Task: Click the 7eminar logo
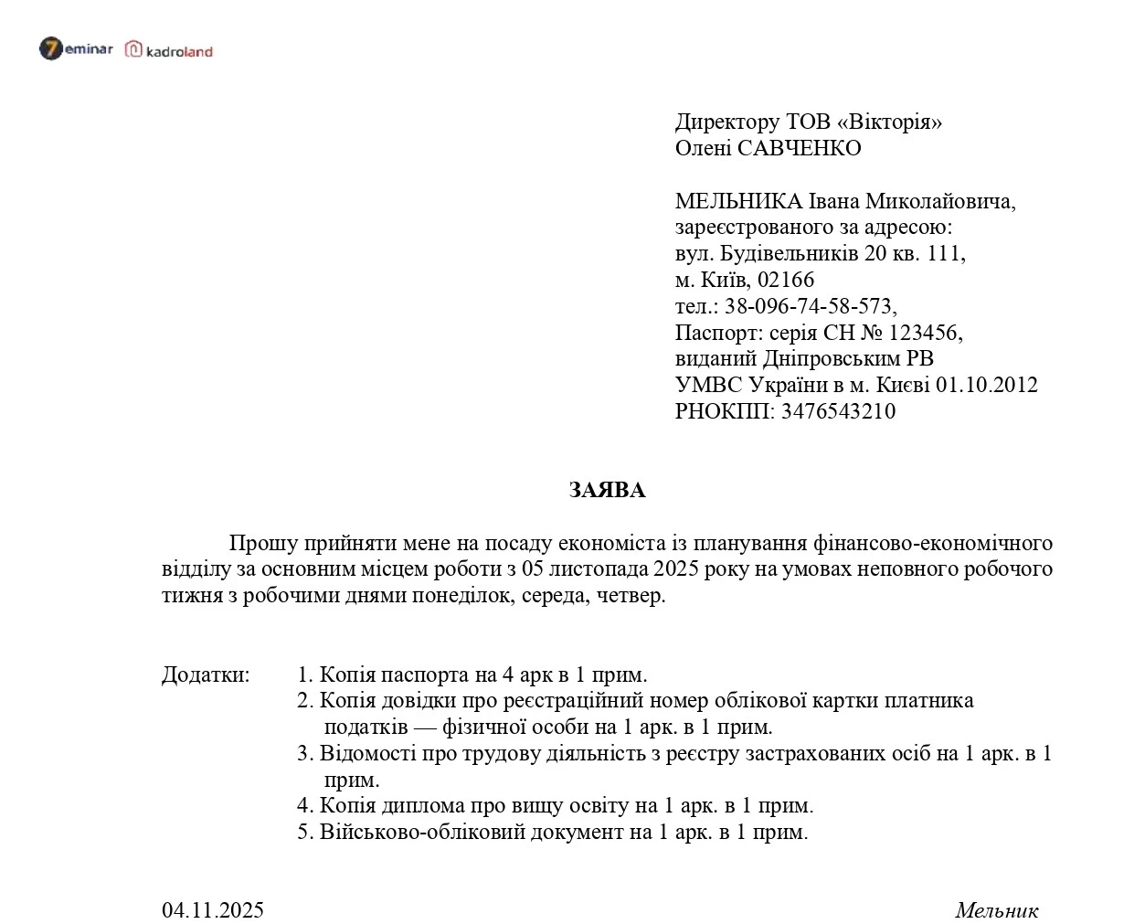tap(76, 48)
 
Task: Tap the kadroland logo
tap(169, 50)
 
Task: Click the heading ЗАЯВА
tap(607, 490)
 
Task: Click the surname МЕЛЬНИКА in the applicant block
tap(738, 201)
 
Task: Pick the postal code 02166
tap(786, 280)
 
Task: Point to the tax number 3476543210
tap(838, 411)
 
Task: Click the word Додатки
tap(206, 674)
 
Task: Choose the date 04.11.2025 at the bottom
tap(213, 909)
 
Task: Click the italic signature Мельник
tap(996, 909)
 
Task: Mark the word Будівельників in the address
tap(789, 253)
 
